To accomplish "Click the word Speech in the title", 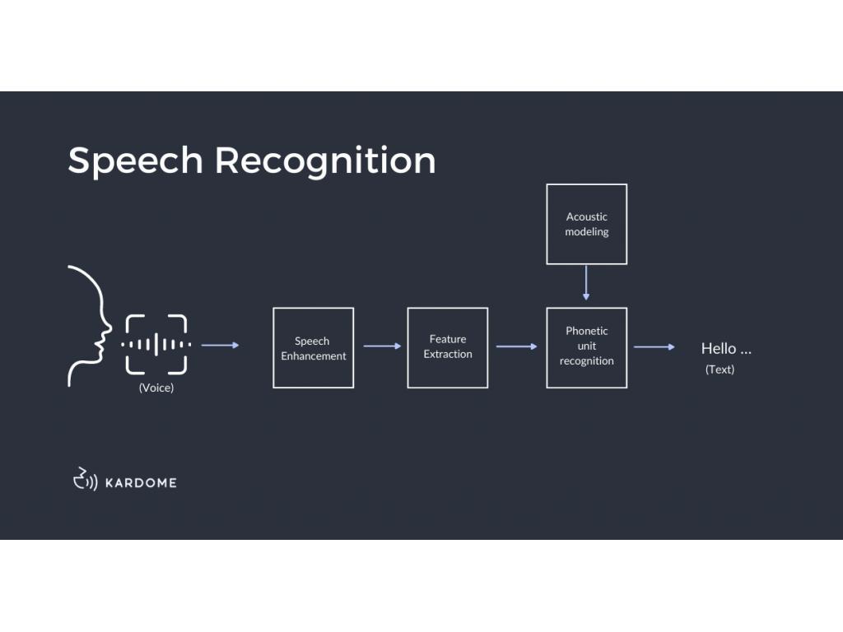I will pyautogui.click(x=135, y=160).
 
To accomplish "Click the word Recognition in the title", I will pyautogui.click(x=325, y=161).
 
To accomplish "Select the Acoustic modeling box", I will pyautogui.click(x=586, y=224).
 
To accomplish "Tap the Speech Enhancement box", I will pyautogui.click(x=313, y=348).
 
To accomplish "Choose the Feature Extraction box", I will pyautogui.click(x=447, y=347).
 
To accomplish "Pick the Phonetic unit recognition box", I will pyautogui.click(x=586, y=347).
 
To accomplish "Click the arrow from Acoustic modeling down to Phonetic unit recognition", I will pyautogui.click(x=586, y=282).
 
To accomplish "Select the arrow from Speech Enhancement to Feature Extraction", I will pyautogui.click(x=381, y=346).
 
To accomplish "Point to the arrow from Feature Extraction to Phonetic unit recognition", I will pyautogui.click(x=516, y=346).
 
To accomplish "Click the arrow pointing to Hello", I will pyautogui.click(x=654, y=347).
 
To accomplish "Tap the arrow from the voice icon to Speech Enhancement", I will pyautogui.click(x=220, y=346).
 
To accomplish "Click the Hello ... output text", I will pyautogui.click(x=726, y=348).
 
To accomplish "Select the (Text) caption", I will pyautogui.click(x=720, y=369).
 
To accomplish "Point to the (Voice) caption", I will pyautogui.click(x=156, y=388).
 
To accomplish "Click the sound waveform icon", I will pyautogui.click(x=156, y=345).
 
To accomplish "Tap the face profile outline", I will pyautogui.click(x=90, y=326).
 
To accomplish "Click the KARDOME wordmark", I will pyautogui.click(x=141, y=482).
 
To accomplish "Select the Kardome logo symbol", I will pyautogui.click(x=85, y=479).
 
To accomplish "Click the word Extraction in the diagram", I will pyautogui.click(x=448, y=355).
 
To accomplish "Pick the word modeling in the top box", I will pyautogui.click(x=586, y=232).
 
